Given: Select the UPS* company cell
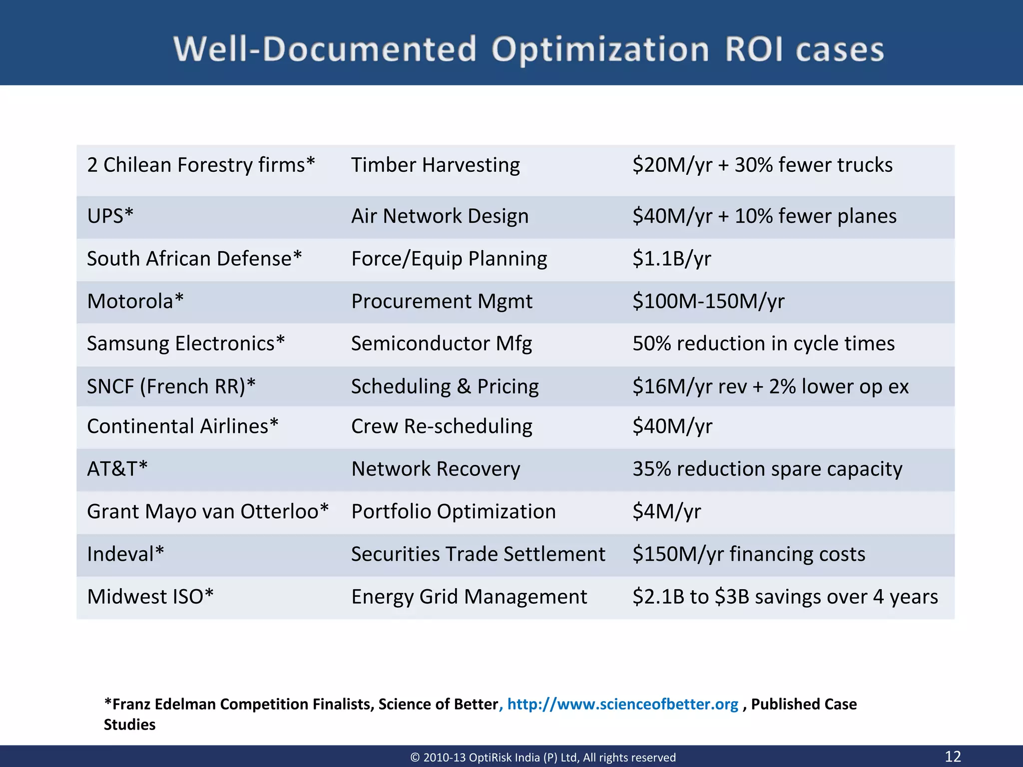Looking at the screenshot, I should point(110,216).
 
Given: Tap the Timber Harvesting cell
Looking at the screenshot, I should point(435,165).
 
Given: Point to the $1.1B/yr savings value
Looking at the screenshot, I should point(671,259).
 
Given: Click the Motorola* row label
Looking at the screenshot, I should point(135,302).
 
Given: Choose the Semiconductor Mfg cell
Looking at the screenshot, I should point(441,344).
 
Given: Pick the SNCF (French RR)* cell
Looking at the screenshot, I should point(171,386).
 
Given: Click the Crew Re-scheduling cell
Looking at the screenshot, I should point(442,426).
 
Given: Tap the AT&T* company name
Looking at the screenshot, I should point(117,469).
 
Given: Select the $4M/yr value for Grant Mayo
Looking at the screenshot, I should point(666,512).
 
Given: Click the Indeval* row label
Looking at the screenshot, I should point(125,554).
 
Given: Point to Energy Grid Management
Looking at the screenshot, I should point(469,597).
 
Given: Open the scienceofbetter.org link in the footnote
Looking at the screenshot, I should point(622,704).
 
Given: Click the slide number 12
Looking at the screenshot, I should point(953,756).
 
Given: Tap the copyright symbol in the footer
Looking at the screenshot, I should point(415,758).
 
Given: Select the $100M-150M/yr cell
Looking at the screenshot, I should point(708,302).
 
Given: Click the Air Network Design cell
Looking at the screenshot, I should point(440,216).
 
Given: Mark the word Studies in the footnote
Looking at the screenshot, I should point(130,725).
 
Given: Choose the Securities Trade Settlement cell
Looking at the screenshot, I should point(478,554).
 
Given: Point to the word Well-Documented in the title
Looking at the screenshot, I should point(325,50).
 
